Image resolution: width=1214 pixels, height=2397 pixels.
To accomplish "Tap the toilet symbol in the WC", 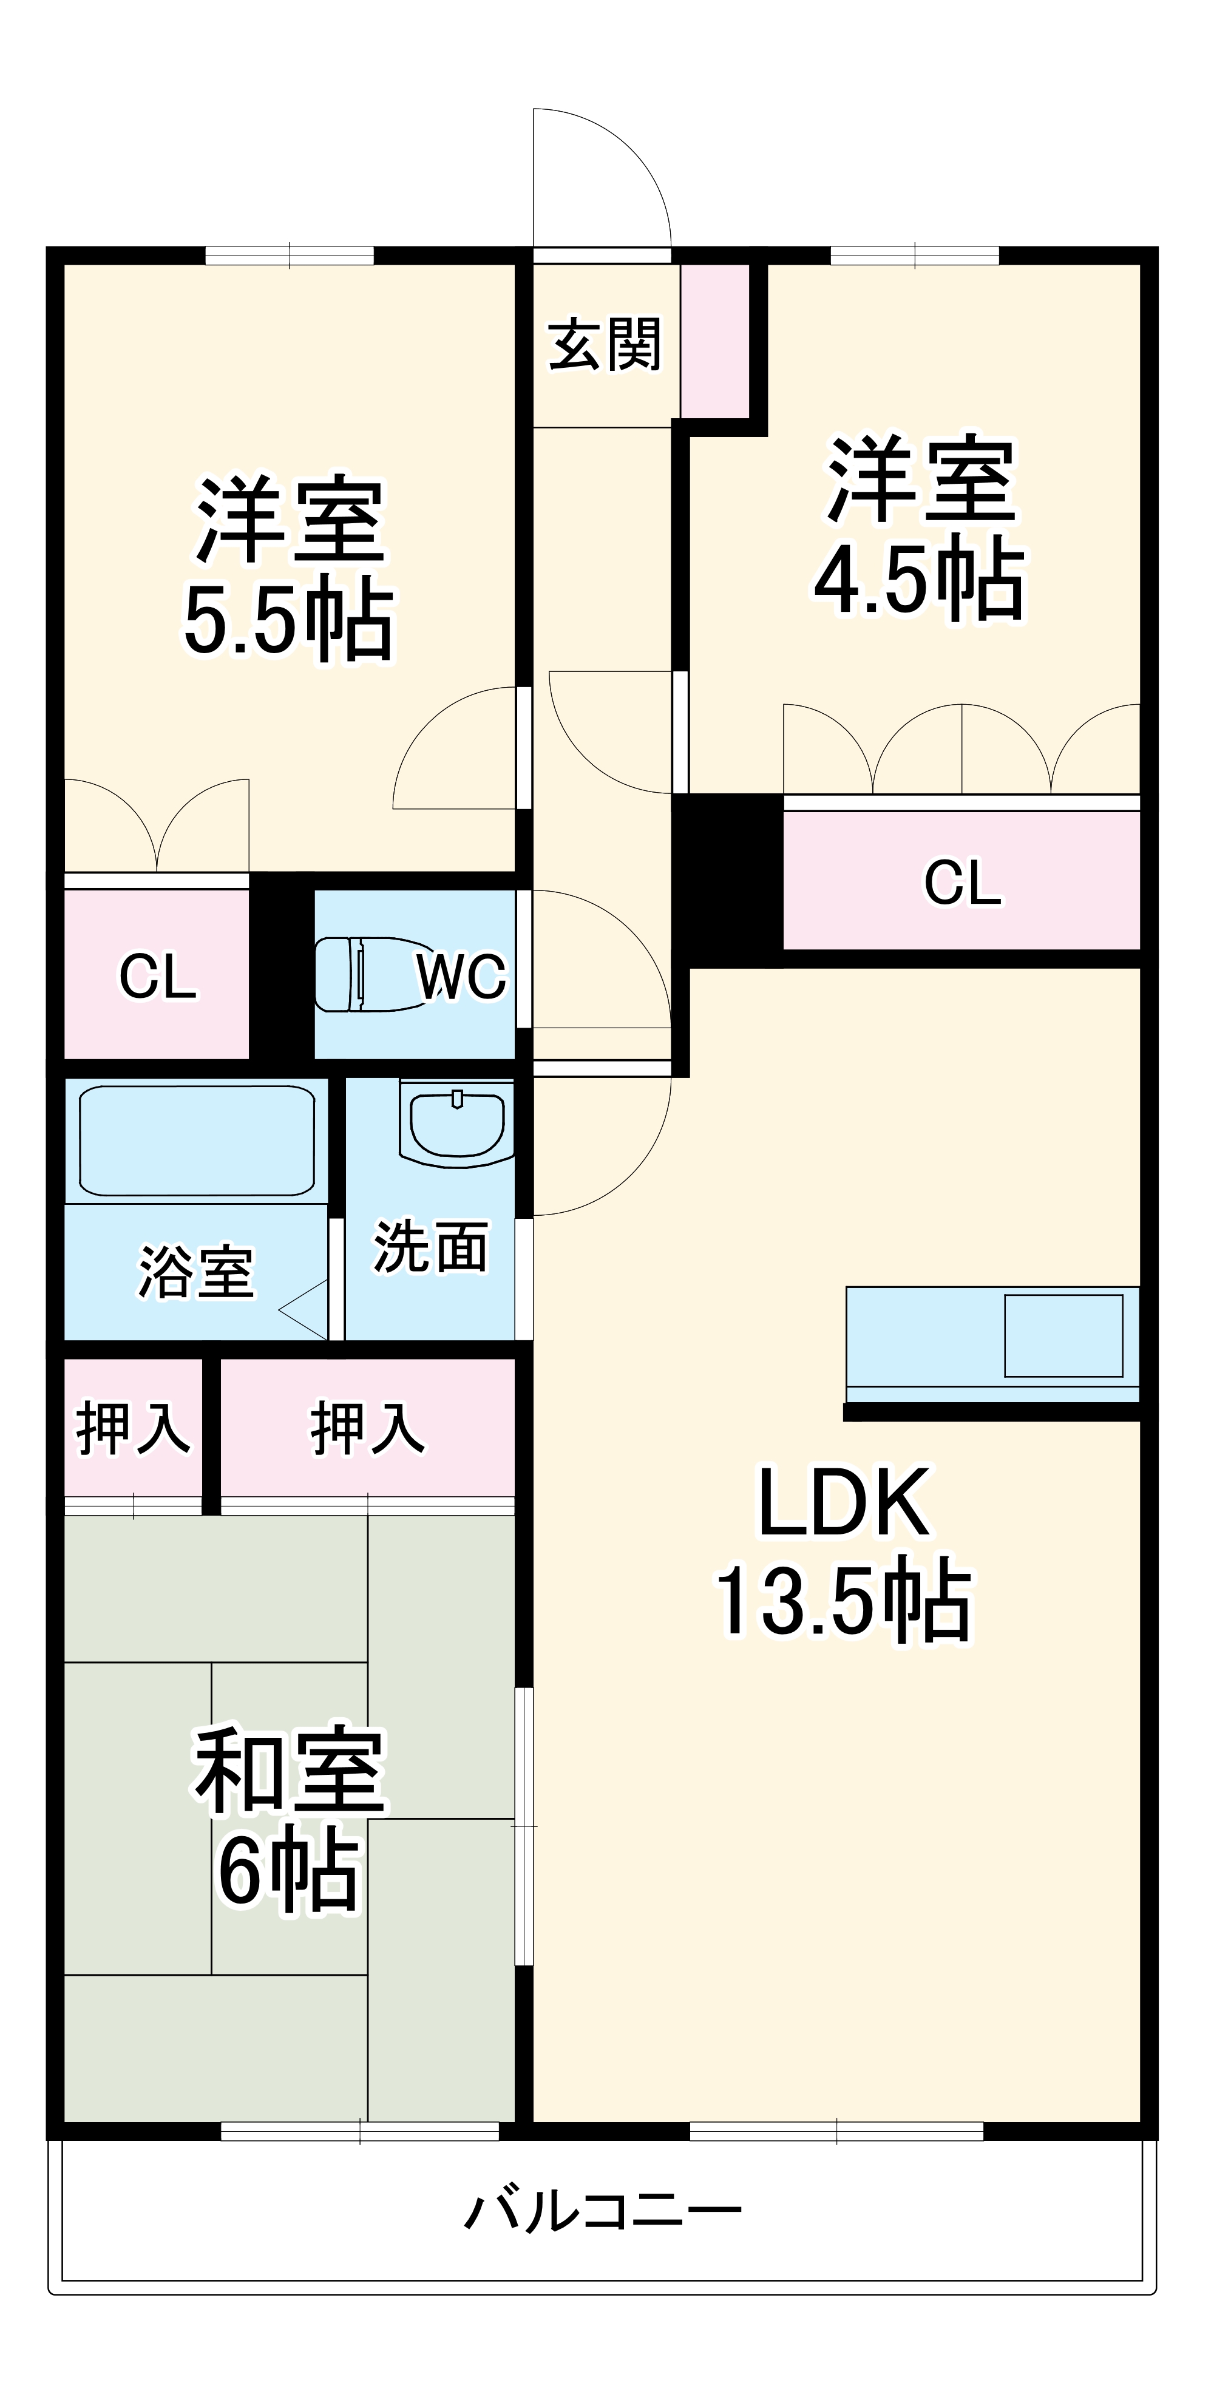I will coord(363,974).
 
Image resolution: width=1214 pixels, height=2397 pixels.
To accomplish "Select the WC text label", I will coord(461,977).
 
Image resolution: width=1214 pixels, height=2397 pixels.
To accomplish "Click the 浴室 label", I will coord(196,1272).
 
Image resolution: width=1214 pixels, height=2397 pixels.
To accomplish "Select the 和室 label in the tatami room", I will coord(290,1771).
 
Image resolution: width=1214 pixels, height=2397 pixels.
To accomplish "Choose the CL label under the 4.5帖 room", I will coord(963,882).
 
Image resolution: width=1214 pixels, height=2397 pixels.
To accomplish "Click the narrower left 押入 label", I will coord(133,1428).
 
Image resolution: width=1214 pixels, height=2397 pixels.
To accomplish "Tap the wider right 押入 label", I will coord(367,1428).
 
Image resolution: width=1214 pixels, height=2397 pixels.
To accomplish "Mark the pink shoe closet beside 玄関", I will coord(716,341).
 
